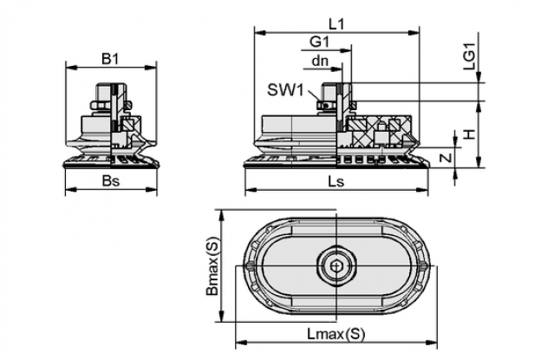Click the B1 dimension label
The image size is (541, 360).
pyautogui.click(x=110, y=59)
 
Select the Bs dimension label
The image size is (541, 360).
pyautogui.click(x=111, y=180)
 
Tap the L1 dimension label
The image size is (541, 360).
pyautogui.click(x=336, y=24)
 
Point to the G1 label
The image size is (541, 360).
pyautogui.click(x=320, y=42)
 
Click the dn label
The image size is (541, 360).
pyautogui.click(x=320, y=61)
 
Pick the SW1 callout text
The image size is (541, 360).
pyautogui.click(x=285, y=90)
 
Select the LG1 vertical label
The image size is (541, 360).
pyautogui.click(x=469, y=57)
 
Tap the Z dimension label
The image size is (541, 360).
pyautogui.click(x=446, y=158)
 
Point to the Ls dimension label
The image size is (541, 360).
pyautogui.click(x=336, y=180)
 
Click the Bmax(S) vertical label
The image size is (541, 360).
pyautogui.click(x=212, y=265)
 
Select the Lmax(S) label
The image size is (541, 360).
pyautogui.click(x=336, y=333)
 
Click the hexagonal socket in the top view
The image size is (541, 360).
pyautogui.click(x=336, y=266)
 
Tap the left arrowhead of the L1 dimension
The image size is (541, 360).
pyautogui.click(x=260, y=33)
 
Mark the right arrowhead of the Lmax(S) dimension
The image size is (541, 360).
pyautogui.click(x=431, y=343)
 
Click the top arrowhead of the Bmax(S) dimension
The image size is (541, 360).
pyautogui.click(x=222, y=215)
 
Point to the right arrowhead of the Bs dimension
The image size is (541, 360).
pyautogui.click(x=151, y=189)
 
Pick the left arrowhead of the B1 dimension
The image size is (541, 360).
pyautogui.click(x=71, y=68)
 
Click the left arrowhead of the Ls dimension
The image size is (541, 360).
pyautogui.click(x=251, y=189)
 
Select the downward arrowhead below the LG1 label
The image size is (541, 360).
pyautogui.click(x=479, y=77)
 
